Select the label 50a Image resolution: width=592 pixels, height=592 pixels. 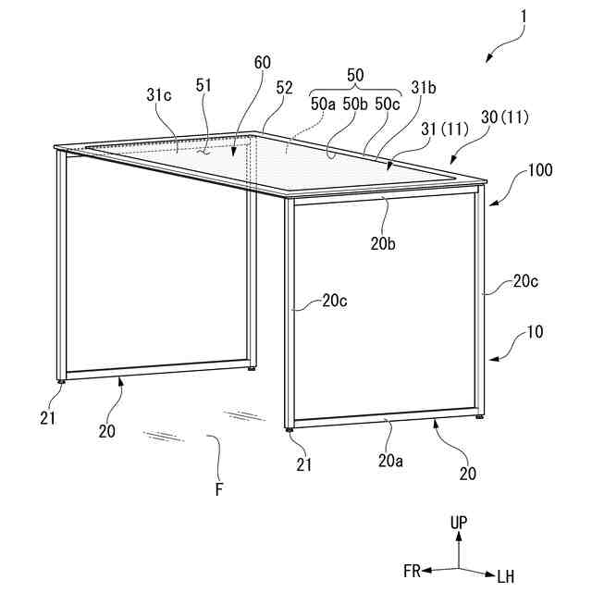(x=323, y=104)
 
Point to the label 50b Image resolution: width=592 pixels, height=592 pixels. (x=355, y=104)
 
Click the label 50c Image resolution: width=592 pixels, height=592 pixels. (x=388, y=104)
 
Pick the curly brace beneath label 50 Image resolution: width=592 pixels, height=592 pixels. (x=355, y=90)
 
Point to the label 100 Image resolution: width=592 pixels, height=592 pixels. (x=541, y=172)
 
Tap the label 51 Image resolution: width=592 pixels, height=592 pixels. (x=204, y=84)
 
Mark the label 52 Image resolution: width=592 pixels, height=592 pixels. (x=284, y=88)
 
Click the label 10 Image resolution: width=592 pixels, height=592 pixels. (x=536, y=331)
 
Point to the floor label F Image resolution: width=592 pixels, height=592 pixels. (x=219, y=489)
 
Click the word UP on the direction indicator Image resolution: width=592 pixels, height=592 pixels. (x=460, y=523)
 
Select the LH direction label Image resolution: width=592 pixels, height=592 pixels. (x=505, y=576)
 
